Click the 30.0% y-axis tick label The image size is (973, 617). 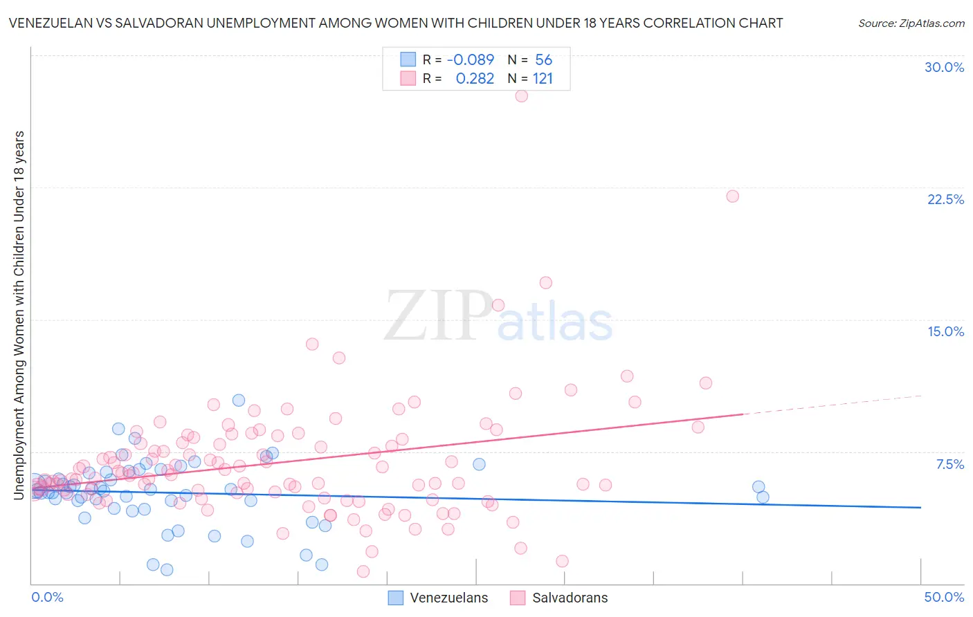click(944, 67)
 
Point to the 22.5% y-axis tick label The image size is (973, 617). click(945, 199)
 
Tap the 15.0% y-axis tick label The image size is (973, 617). click(945, 331)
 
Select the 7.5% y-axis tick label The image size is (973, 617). click(949, 464)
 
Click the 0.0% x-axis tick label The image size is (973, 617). click(47, 597)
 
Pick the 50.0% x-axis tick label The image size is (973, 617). click(943, 597)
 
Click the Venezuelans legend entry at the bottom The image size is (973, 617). click(448, 598)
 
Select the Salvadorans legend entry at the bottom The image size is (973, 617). click(570, 598)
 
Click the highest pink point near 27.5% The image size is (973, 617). click(522, 95)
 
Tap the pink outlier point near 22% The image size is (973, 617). click(732, 196)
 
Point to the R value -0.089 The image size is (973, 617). click(471, 60)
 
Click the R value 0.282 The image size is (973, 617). click(475, 79)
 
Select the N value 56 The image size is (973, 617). click(543, 60)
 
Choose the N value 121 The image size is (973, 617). click(543, 79)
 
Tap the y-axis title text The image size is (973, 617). click(19, 315)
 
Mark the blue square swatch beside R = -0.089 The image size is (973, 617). click(408, 59)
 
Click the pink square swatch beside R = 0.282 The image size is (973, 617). click(408, 78)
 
